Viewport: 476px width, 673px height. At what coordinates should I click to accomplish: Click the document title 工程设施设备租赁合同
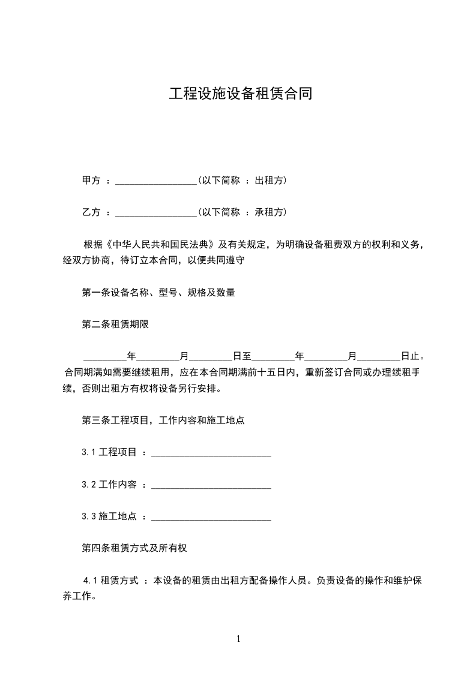[x=240, y=94]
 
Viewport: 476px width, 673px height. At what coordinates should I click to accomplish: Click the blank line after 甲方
[x=155, y=181]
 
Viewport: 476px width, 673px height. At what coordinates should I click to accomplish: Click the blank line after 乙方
[x=155, y=212]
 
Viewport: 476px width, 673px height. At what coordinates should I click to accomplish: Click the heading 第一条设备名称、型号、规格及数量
[x=158, y=293]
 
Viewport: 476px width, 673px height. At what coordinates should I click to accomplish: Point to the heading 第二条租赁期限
[x=115, y=325]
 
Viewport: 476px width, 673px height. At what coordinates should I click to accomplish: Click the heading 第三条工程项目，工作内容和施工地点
[x=163, y=420]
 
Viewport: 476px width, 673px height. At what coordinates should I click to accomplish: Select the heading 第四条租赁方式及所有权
[x=137, y=548]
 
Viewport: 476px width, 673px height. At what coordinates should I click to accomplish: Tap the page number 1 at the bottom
[x=238, y=639]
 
